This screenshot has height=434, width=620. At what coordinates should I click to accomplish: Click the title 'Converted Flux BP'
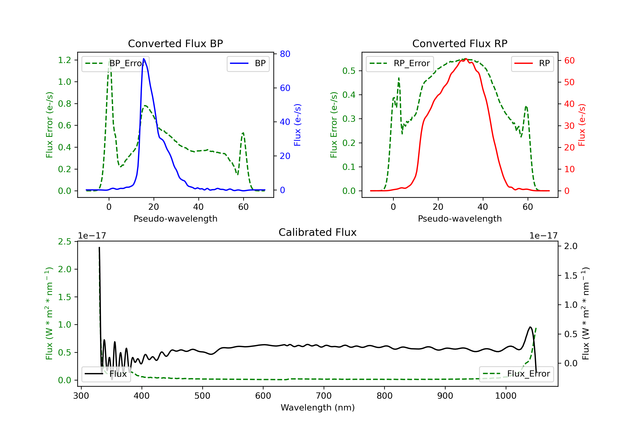point(175,43)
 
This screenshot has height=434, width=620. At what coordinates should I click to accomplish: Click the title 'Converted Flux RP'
point(460,43)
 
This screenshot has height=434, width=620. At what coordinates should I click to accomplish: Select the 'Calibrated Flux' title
point(318,232)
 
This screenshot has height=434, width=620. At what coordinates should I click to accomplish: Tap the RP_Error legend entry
point(400,63)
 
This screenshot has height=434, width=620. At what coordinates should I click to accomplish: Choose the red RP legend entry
point(532,63)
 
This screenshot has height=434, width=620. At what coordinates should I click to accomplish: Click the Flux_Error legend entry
point(516,374)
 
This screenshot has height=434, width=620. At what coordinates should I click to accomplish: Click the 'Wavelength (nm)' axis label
point(318,408)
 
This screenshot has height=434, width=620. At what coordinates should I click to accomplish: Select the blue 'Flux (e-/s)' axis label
point(297,125)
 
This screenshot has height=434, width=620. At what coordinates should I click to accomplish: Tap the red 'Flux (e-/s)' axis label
point(582,125)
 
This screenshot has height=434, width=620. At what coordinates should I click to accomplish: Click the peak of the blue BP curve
point(144,59)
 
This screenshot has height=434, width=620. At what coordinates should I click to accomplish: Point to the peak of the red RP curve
point(466,59)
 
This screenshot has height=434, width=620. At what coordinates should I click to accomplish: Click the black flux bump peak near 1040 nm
point(530,327)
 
